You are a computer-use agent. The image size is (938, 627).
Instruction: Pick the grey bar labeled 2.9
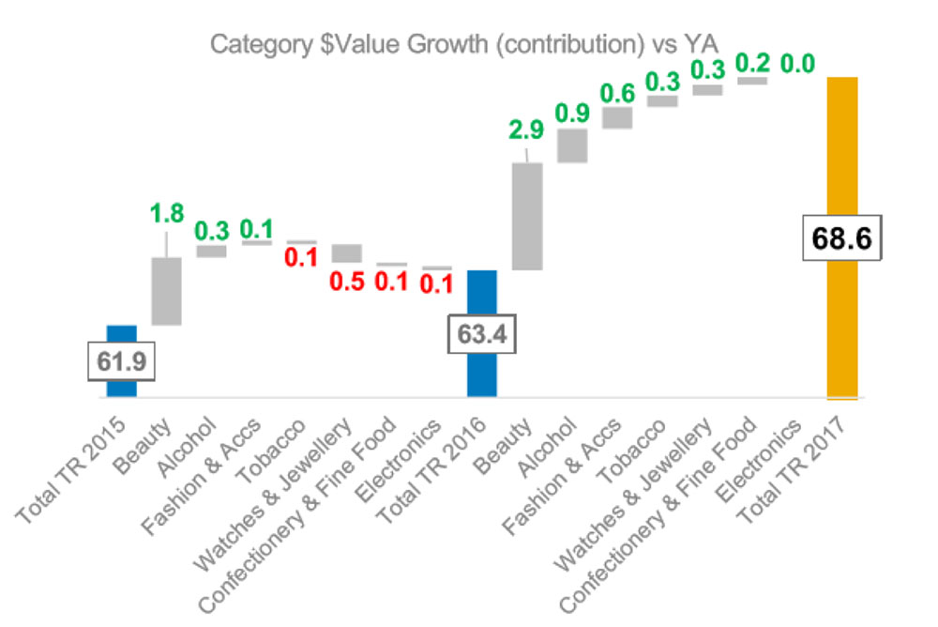(x=527, y=216)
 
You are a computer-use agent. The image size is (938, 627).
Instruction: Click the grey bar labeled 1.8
(x=167, y=291)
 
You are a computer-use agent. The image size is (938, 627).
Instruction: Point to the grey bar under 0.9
(x=572, y=145)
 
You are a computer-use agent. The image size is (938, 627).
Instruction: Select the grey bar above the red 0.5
(x=347, y=252)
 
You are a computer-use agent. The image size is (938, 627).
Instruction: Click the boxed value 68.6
(x=841, y=237)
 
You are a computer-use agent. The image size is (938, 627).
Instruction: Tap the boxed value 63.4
(x=482, y=333)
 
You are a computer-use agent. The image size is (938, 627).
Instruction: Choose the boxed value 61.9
(x=122, y=359)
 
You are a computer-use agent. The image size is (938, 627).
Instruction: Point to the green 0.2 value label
(x=752, y=63)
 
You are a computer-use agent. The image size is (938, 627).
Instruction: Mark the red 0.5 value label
(x=347, y=281)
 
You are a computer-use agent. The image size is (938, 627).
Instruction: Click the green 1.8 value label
(x=168, y=215)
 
